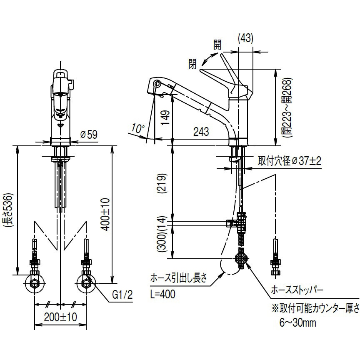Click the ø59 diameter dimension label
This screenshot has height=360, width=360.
click(x=88, y=135)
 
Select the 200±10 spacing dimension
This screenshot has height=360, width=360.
click(x=61, y=317)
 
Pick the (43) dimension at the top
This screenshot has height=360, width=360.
click(x=245, y=38)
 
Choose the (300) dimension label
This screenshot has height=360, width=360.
click(x=165, y=243)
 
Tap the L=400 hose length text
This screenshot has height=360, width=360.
click(x=162, y=294)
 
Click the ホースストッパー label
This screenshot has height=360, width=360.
click(x=297, y=289)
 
